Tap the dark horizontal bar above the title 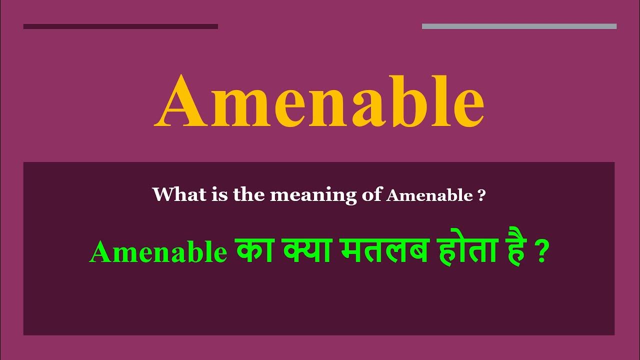[x=120, y=26]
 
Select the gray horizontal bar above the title [x=519, y=26]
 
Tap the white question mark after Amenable [x=481, y=195]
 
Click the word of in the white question [x=371, y=195]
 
